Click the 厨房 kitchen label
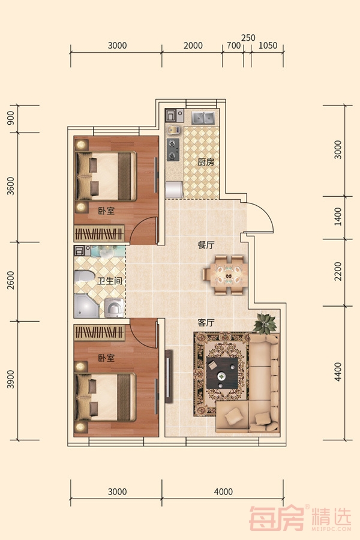click(206, 162)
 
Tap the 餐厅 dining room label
click(206, 245)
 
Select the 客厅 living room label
click(206, 323)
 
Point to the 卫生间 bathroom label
click(110, 281)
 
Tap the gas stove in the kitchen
click(173, 150)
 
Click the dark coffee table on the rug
click(222, 373)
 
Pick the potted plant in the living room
click(265, 324)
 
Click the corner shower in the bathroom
click(86, 306)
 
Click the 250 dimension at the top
click(248, 38)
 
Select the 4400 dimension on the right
click(338, 372)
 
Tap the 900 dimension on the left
click(11, 118)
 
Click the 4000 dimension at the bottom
click(223, 492)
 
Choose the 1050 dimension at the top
click(268, 46)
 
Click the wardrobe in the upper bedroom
click(99, 233)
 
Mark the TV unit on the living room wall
click(169, 376)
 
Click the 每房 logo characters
click(277, 518)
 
